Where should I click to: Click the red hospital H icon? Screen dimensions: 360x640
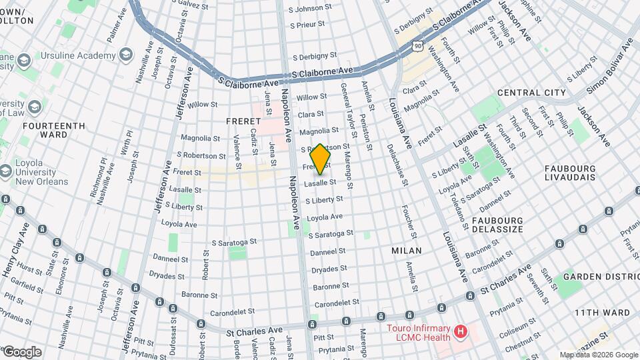click(459, 331)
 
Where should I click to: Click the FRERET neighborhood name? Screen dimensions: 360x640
click(242, 121)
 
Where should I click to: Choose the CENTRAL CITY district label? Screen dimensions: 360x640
click(531, 93)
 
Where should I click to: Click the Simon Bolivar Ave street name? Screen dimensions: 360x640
click(609, 67)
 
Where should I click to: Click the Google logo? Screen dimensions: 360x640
click(21, 352)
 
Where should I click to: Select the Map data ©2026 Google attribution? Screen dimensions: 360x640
click(598, 355)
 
